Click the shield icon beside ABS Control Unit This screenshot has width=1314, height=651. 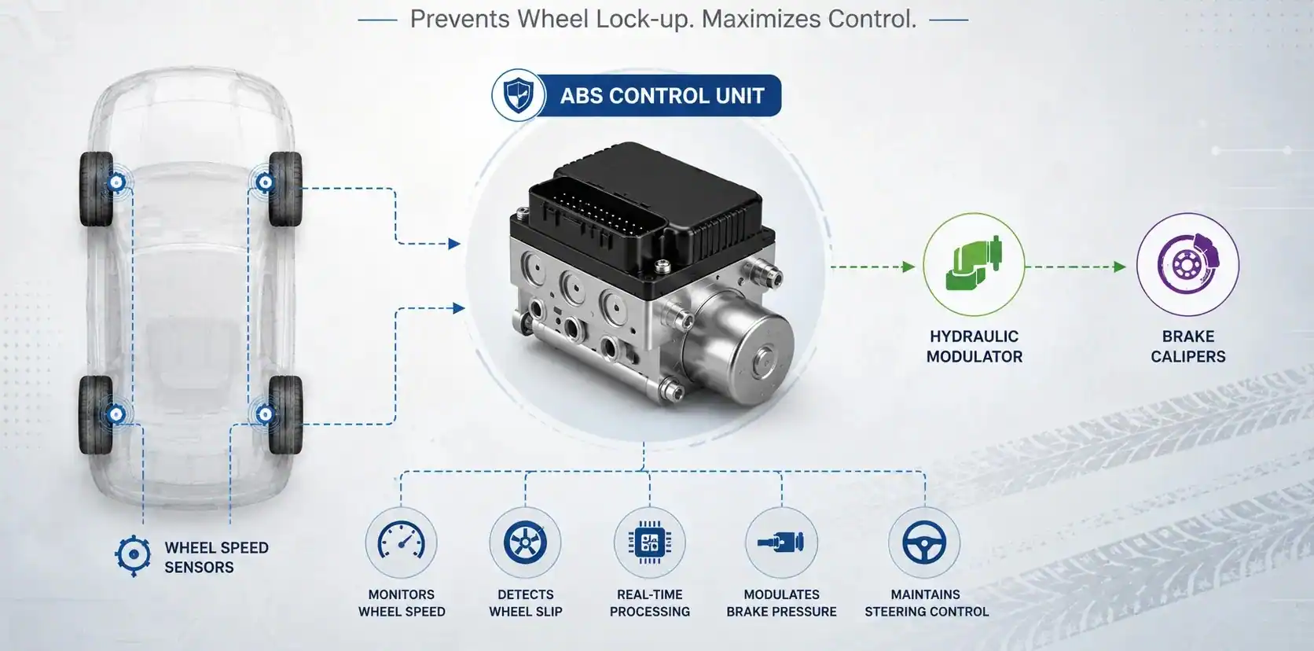(519, 96)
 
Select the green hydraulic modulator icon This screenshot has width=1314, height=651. (974, 265)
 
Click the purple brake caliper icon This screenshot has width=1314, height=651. (1188, 263)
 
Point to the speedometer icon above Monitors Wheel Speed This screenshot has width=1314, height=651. (402, 542)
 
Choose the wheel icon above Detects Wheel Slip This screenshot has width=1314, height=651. (525, 542)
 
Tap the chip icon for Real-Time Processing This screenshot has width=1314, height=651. (649, 542)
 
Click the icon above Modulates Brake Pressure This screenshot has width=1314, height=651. (781, 542)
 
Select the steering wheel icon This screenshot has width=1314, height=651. (924, 542)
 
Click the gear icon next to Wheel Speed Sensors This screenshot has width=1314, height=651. (133, 555)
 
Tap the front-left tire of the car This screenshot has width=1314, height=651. (96, 189)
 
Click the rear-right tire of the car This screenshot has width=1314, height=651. (286, 415)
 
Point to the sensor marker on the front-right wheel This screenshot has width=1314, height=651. (265, 182)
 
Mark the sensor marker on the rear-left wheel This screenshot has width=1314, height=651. (116, 415)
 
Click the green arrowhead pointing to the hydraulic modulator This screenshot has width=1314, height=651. (908, 267)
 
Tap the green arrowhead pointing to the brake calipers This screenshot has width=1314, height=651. (1120, 267)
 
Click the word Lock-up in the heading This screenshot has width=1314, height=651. (644, 20)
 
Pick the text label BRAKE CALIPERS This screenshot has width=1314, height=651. (1188, 347)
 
